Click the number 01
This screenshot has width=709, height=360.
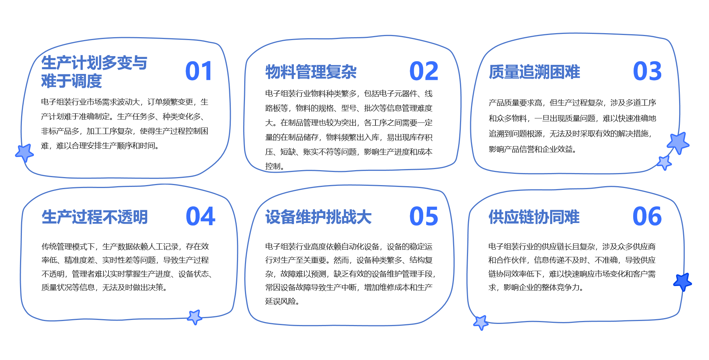point(199,71)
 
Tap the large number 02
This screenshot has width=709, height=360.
point(424,71)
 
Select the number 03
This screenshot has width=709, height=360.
point(647,71)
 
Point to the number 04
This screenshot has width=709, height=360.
point(200,216)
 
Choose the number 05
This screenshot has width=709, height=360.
point(424,216)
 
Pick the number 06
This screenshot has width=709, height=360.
point(647,216)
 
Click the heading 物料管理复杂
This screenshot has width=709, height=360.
point(311,72)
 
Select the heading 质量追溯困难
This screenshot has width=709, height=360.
point(534,72)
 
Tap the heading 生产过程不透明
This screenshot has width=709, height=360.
point(95,217)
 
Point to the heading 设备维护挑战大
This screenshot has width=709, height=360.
point(318,217)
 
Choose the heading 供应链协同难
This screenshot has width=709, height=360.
point(534,217)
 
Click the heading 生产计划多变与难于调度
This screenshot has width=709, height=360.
point(94,72)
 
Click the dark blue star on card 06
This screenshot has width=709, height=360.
point(682,282)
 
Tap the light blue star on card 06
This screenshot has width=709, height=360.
point(481,322)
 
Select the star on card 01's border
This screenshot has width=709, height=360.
point(24,153)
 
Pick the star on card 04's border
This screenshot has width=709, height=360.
point(195,317)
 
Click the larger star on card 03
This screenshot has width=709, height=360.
point(678,143)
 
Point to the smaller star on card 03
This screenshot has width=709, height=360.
point(664,163)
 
